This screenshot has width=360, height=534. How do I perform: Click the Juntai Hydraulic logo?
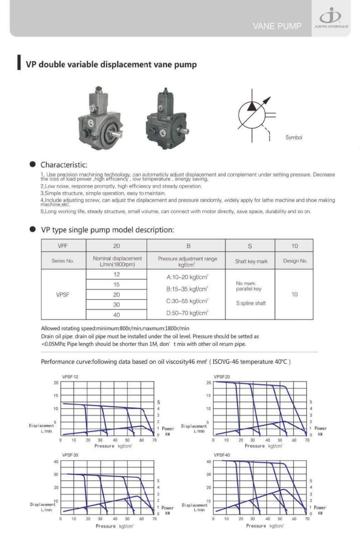click(x=331, y=17)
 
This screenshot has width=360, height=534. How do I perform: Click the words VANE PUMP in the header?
click(x=277, y=26)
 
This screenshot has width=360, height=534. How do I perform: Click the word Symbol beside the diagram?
click(x=294, y=137)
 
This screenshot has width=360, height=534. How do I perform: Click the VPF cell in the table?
click(x=63, y=246)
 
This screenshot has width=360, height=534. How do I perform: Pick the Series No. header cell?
click(x=63, y=261)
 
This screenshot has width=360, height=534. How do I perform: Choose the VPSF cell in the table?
click(x=63, y=295)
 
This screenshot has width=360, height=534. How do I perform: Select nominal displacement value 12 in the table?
click(x=116, y=274)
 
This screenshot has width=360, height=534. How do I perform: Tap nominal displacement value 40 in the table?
click(x=116, y=315)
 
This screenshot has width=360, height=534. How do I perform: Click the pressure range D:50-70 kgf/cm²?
click(x=187, y=313)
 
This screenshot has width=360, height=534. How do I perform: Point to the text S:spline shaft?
click(x=251, y=303)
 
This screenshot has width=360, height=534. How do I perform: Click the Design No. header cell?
click(x=295, y=261)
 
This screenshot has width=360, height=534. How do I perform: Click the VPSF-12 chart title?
click(x=70, y=377)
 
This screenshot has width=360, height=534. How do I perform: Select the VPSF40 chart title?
click(x=222, y=455)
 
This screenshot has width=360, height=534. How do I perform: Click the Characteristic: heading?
click(x=64, y=165)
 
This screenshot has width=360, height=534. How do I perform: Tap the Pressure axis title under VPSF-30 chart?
click(x=114, y=526)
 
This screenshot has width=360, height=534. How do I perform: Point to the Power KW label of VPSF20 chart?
click(x=320, y=431)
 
